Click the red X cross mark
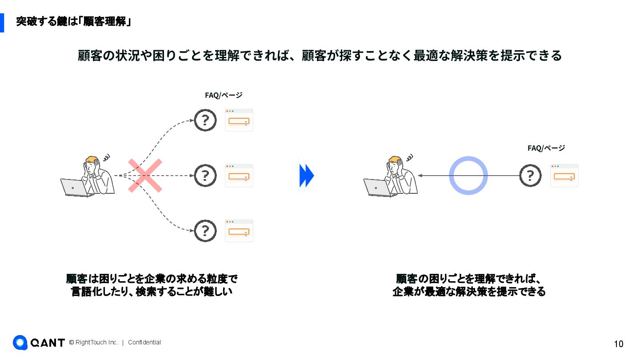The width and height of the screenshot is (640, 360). tap(145, 176)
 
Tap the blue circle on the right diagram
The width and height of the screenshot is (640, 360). tap(468, 176)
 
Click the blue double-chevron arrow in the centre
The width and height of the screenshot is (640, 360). tap(306, 176)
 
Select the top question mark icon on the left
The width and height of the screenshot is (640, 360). tap(205, 120)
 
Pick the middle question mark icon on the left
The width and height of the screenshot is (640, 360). tap(205, 176)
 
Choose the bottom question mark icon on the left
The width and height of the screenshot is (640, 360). tap(205, 231)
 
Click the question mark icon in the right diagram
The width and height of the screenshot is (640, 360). tap(530, 176)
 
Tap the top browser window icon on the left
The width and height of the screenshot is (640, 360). tap(239, 120)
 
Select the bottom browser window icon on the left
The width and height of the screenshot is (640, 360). tap(239, 231)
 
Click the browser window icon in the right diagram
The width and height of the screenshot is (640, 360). tap(564, 176)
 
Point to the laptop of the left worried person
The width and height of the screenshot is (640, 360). tap(75, 188)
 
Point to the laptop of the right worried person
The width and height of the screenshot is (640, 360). tap(378, 188)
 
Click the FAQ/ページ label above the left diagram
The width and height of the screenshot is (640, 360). tap(223, 95)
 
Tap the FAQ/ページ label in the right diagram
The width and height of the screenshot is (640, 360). tap(546, 148)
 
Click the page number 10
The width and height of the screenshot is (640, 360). tap(618, 344)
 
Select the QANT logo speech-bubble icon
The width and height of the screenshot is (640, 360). tap(20, 342)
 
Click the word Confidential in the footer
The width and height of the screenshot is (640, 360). tap(144, 343)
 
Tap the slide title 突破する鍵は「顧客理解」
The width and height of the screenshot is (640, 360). tap(73, 21)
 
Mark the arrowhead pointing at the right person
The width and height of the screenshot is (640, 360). tap(420, 176)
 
